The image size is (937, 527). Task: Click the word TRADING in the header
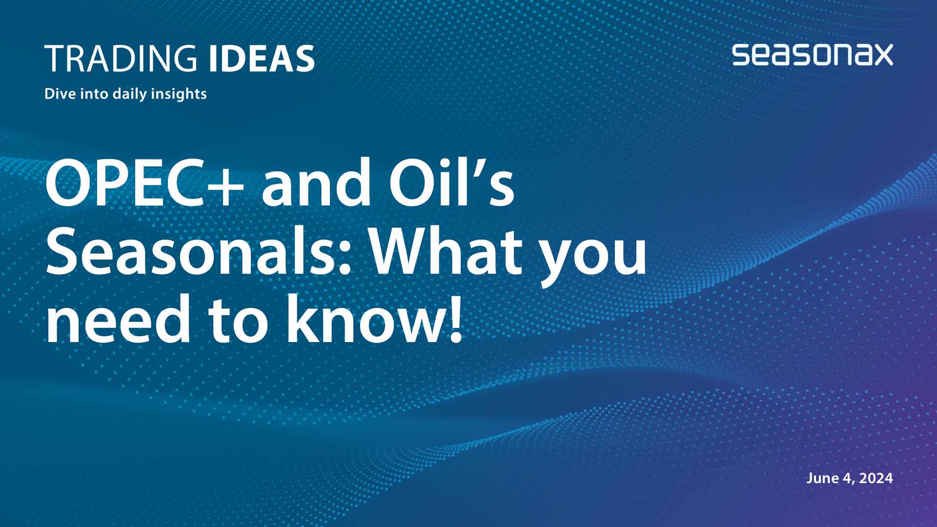tap(121, 59)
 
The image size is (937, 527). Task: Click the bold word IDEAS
tap(262, 59)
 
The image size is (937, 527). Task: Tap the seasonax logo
tap(812, 55)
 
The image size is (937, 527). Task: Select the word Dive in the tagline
tap(60, 94)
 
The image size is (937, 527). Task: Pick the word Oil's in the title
tap(451, 182)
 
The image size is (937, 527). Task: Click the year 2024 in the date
tap(876, 478)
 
